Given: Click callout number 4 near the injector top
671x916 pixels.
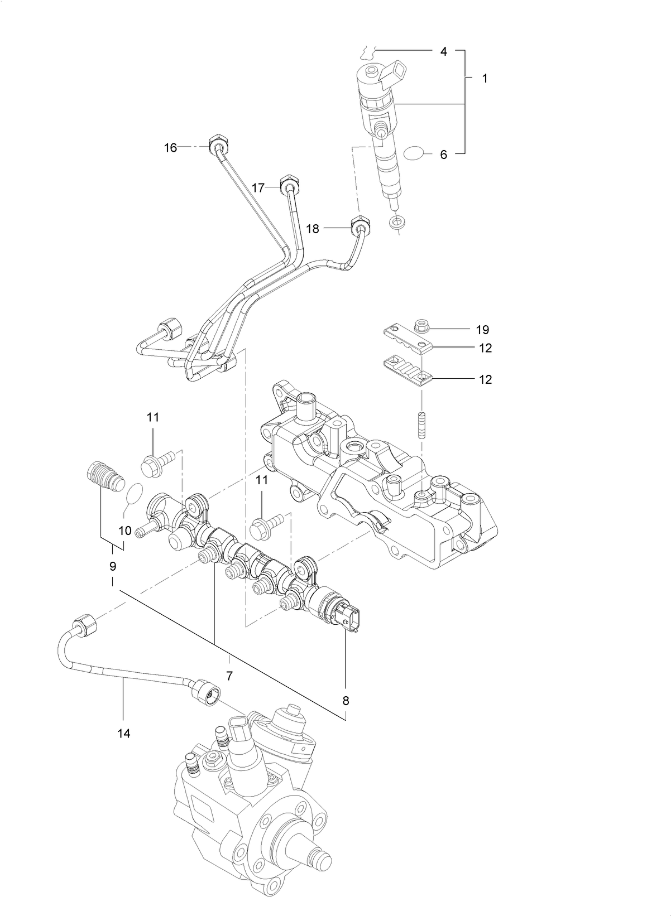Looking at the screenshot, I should click(443, 52).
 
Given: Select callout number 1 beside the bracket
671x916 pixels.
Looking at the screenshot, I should click(485, 79).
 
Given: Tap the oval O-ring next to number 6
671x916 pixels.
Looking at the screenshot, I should click(414, 153).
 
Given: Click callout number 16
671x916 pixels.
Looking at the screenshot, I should click(170, 148).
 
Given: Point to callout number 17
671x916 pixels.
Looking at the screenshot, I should click(258, 188).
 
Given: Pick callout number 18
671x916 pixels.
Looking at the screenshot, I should click(313, 229).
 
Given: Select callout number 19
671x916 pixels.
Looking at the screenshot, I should click(482, 330).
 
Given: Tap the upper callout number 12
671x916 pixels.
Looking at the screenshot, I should click(485, 348).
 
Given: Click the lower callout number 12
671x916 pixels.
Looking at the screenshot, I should click(485, 379).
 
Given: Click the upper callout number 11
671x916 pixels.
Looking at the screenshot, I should click(153, 417).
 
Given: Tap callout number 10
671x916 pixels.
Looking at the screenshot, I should click(126, 531).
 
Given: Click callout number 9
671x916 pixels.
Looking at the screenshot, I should click(113, 566).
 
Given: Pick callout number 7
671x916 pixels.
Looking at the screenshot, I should click(229, 676).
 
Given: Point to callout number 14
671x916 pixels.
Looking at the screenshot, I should click(124, 733).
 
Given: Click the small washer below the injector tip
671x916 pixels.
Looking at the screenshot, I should click(397, 223).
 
